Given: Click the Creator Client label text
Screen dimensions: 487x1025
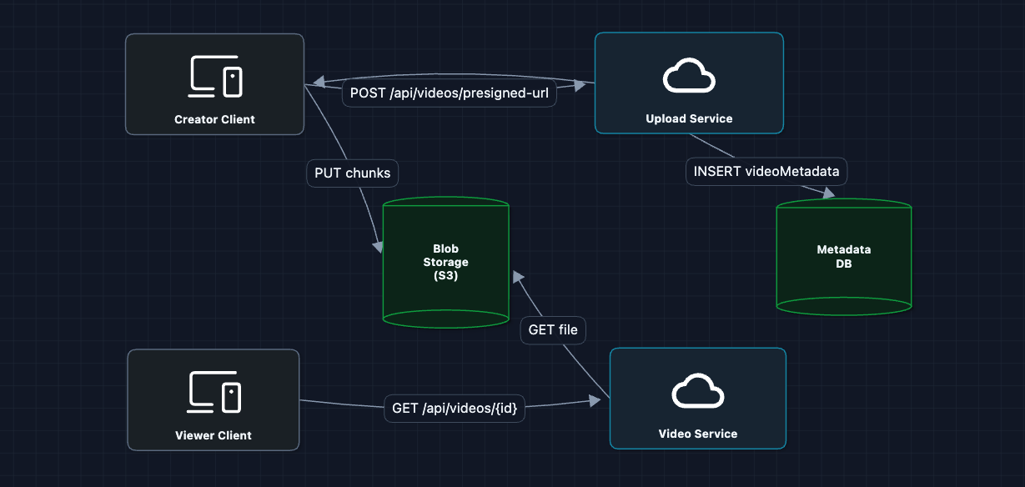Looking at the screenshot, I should [214, 119].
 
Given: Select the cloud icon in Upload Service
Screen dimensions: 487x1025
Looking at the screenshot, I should [689, 77].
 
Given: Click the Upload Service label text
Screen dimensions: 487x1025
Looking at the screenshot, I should [689, 118].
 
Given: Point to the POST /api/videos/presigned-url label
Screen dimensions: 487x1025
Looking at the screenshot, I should [450, 93].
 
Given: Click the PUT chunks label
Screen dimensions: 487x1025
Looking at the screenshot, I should [353, 173].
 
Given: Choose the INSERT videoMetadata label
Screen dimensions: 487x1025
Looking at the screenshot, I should [766, 172].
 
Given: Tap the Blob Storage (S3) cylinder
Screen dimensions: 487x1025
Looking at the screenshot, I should [445, 262].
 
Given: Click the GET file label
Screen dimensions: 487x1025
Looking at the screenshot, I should [553, 330].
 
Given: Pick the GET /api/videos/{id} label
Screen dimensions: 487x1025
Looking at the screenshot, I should [455, 409].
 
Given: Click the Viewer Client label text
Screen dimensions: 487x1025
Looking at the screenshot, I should [214, 434].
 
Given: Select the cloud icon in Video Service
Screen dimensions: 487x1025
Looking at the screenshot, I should [697, 392].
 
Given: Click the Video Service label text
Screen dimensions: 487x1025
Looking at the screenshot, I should [697, 434].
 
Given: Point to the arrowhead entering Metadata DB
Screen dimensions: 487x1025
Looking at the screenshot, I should [828, 193].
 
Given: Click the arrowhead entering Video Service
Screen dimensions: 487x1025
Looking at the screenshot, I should [595, 401].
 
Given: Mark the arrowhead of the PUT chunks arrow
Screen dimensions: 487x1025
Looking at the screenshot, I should [378, 247].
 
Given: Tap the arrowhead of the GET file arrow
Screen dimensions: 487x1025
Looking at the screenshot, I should [518, 276].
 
